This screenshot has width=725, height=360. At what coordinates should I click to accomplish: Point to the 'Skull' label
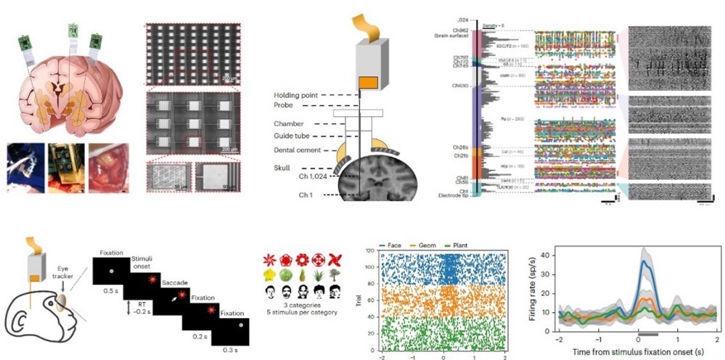point(287,168)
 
